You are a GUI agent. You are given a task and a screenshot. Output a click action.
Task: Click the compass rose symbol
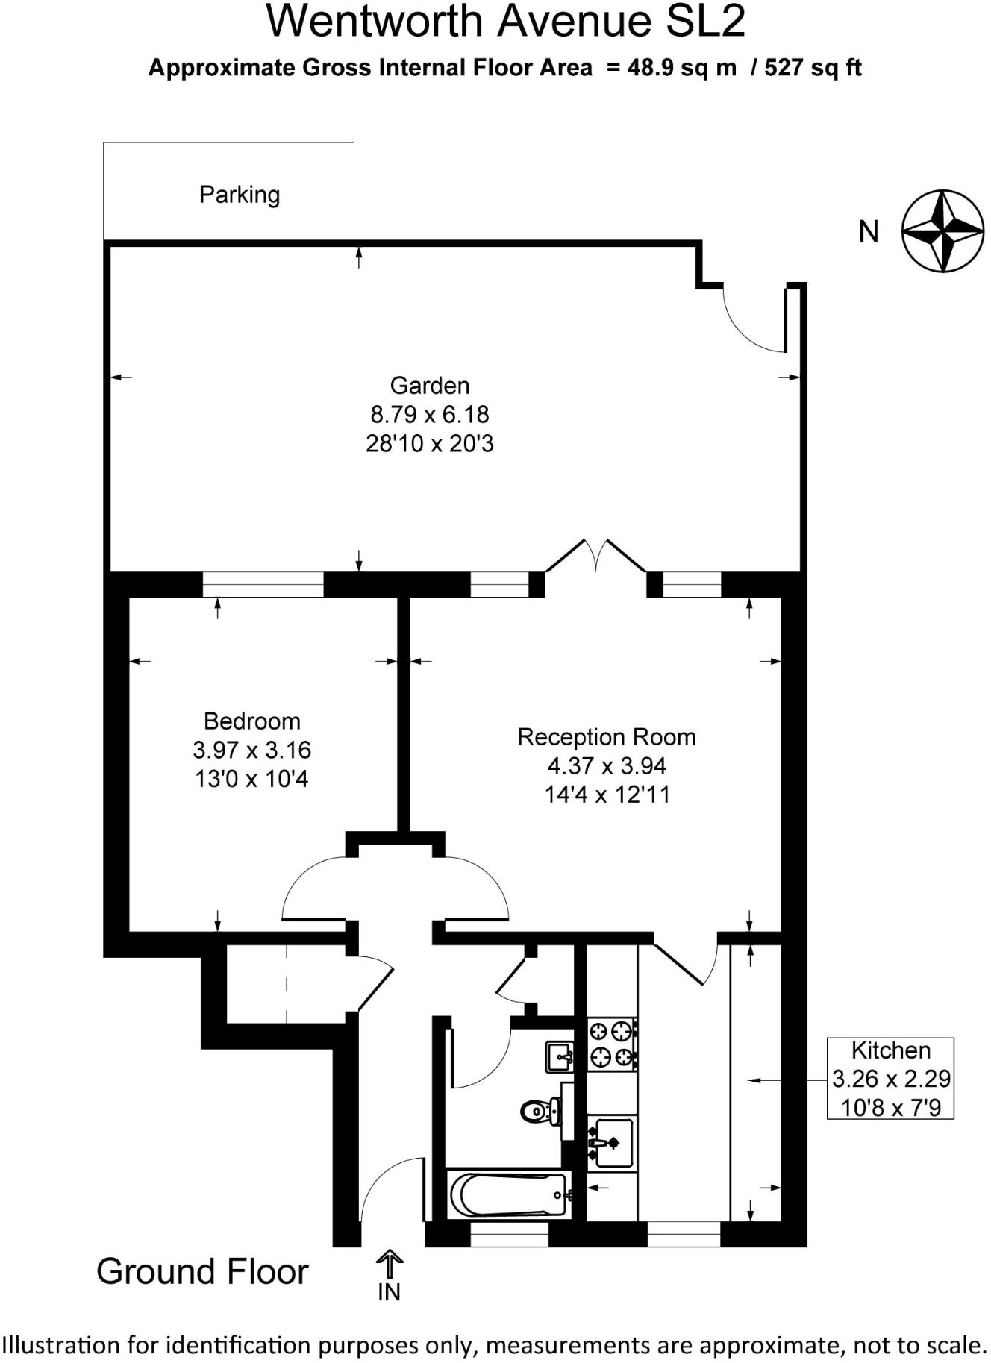click(x=942, y=231)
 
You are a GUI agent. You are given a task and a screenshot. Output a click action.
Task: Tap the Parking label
click(x=240, y=195)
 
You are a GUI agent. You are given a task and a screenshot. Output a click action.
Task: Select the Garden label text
click(x=430, y=386)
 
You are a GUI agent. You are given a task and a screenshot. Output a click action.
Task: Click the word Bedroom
click(x=252, y=721)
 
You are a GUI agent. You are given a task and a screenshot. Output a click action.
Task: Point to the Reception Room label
click(x=607, y=737)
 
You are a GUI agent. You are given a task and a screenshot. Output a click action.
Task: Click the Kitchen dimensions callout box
click(x=890, y=1078)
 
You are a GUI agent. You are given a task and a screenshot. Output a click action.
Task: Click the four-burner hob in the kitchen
click(x=612, y=1044)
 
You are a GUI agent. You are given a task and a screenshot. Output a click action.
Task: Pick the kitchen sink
click(x=612, y=1142)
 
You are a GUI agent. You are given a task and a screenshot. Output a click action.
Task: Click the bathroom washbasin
click(x=560, y=1056)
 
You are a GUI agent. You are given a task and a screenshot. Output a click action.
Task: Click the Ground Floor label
click(x=202, y=1272)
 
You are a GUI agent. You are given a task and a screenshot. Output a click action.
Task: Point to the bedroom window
click(x=263, y=584)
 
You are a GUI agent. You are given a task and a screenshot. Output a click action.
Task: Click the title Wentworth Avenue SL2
click(x=505, y=22)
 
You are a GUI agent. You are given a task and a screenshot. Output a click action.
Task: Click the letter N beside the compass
click(x=869, y=232)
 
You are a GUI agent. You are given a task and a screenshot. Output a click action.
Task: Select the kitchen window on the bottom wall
click(x=684, y=1235)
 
